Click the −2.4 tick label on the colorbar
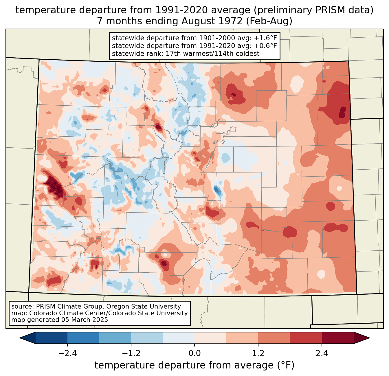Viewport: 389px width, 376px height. coord(67,353)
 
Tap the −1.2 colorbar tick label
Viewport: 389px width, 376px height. coord(131,353)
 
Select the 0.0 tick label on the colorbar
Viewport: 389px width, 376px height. coord(195,353)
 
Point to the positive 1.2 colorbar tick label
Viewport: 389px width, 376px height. coord(258,353)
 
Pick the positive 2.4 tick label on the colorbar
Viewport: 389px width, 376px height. coord(322,353)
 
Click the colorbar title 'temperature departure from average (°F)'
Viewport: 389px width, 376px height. coord(195,365)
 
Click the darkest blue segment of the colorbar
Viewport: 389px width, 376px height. coord(52,338)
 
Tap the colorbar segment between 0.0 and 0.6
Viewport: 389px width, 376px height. coord(210,338)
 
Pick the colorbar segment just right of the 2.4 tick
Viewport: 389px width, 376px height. coord(337,338)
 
